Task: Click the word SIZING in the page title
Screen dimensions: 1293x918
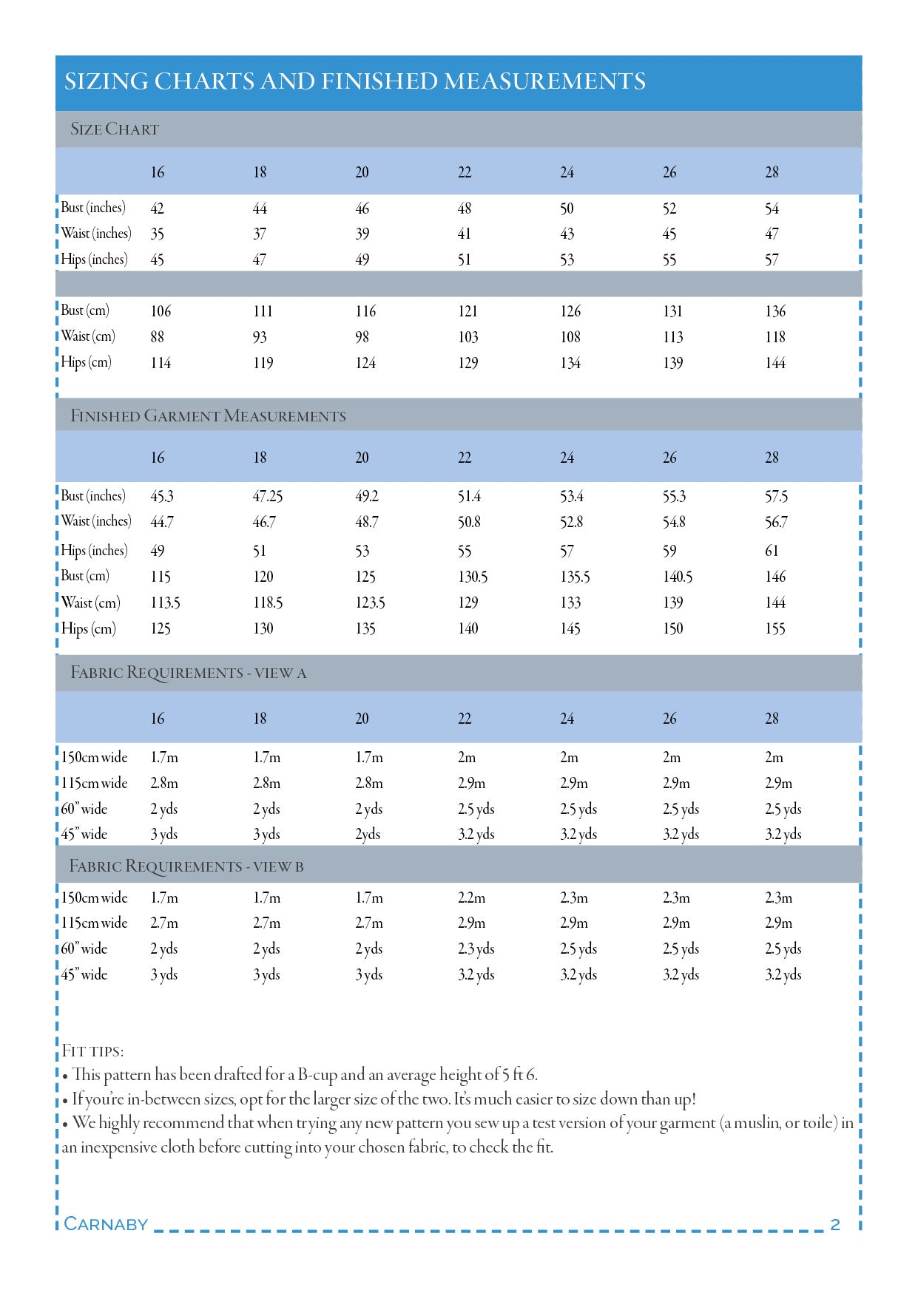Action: tap(106, 81)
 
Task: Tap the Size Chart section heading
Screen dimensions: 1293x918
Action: tap(115, 129)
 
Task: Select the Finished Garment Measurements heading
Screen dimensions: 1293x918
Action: tap(208, 416)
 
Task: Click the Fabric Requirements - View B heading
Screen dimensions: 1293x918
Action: tap(186, 866)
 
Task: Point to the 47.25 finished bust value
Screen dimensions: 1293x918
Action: tap(267, 496)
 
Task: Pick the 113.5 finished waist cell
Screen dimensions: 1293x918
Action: tap(165, 603)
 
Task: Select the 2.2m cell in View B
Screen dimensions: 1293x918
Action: tap(471, 898)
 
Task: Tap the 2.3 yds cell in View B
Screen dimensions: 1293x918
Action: tap(476, 949)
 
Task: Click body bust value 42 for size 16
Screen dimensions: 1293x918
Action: tap(157, 208)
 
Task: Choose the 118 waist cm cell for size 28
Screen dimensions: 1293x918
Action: tap(774, 337)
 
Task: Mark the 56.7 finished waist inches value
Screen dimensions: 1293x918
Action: tap(776, 523)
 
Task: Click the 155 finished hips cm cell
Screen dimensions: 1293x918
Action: tap(774, 629)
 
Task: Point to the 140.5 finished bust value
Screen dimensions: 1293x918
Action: tap(677, 577)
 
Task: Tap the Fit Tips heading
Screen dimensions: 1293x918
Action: tap(92, 1051)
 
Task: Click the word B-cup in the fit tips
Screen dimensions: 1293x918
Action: tap(317, 1075)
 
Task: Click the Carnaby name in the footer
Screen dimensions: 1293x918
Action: tap(106, 1224)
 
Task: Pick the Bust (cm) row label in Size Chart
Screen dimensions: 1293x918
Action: tap(85, 310)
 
